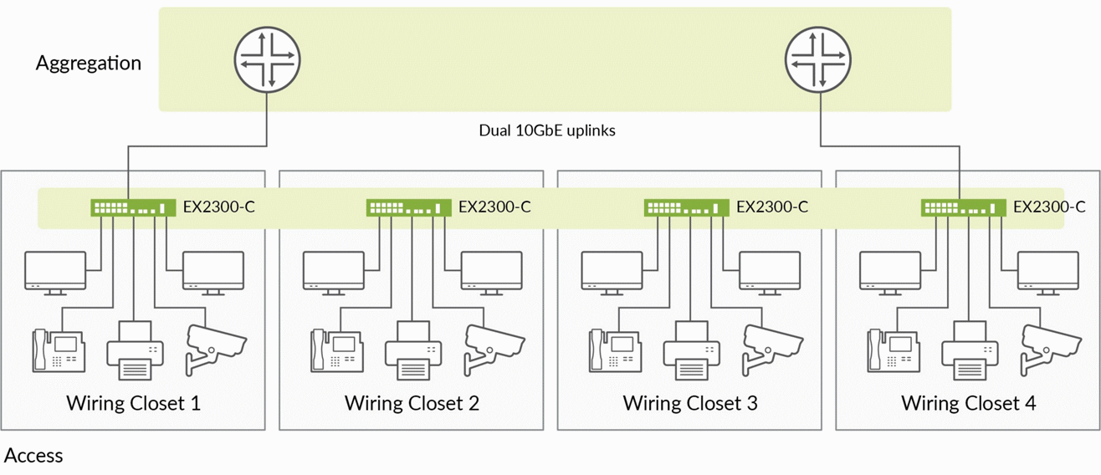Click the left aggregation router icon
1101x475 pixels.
click(267, 59)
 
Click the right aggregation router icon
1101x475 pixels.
click(818, 59)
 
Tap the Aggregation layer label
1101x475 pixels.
click(89, 64)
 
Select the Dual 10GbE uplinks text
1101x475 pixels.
click(547, 130)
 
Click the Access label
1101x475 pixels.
click(33, 456)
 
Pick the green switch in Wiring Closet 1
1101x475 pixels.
click(133, 207)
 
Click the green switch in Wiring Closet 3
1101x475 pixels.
click(687, 207)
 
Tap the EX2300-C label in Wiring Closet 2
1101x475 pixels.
click(494, 207)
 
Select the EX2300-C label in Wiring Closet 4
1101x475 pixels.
click(1049, 207)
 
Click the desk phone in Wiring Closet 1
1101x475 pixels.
click(59, 350)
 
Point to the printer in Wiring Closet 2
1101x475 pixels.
click(413, 350)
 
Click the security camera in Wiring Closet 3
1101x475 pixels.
click(771, 350)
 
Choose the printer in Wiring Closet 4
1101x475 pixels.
click(970, 350)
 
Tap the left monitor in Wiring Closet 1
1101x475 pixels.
click(55, 273)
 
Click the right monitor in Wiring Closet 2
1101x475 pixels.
click(492, 273)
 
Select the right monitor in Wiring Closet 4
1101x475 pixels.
click(1048, 273)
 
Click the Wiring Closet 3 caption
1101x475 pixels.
click(690, 403)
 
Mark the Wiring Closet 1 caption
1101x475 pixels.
click(133, 403)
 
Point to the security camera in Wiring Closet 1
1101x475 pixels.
click(216, 350)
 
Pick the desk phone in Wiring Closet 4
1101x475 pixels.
click(893, 350)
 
